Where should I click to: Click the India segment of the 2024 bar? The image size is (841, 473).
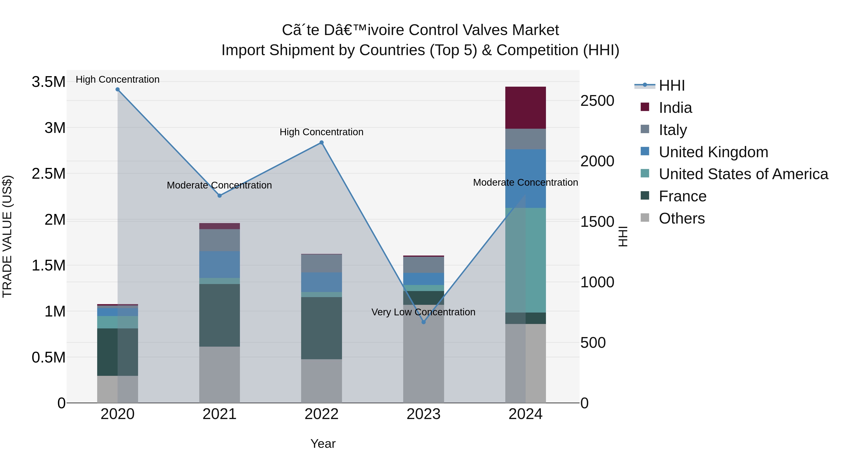coord(525,107)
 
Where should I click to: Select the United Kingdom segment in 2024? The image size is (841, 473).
coord(525,178)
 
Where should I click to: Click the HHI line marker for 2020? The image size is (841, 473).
coord(118,89)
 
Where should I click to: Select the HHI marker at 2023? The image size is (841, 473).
coord(424,322)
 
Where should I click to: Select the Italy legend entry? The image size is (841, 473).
coord(673,130)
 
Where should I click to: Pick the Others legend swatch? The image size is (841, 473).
coord(645,218)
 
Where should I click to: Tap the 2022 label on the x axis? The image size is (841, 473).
coord(322,414)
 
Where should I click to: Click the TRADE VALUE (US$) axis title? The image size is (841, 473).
coord(7,236)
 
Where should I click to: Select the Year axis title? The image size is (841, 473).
coord(323,444)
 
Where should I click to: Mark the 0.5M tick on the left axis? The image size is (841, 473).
coord(49,357)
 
